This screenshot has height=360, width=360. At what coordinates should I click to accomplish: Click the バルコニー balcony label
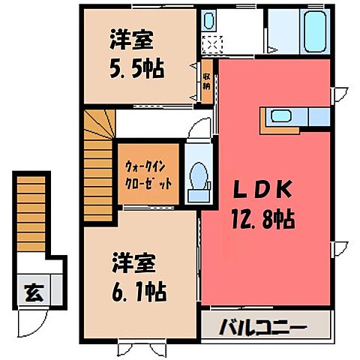coord(264,328)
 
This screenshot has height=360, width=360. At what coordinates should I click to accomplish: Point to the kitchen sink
coord(281,116)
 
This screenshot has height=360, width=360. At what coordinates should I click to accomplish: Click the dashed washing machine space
coord(212,45)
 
